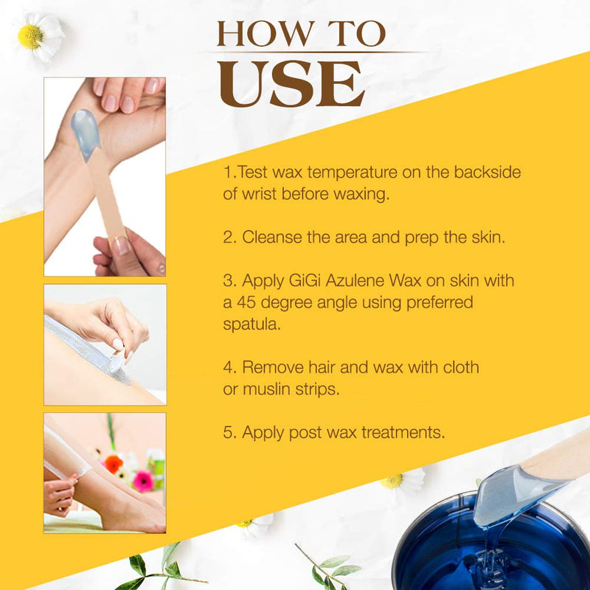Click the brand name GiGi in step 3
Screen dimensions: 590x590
tap(306, 282)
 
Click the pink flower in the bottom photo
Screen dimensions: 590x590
tap(142, 480)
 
